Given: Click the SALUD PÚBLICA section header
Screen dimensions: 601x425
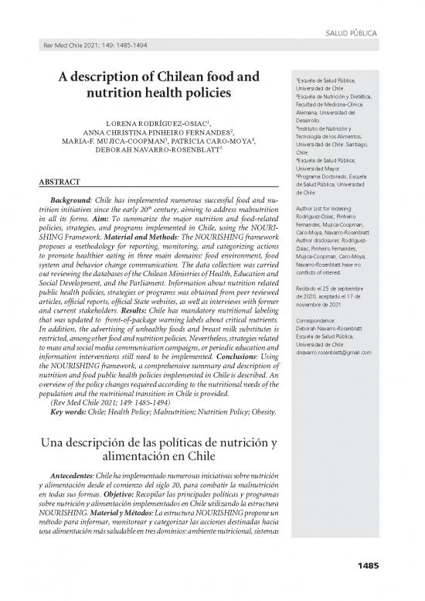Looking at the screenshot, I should coord(352,35).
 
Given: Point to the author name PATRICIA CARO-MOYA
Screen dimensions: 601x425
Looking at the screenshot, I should coord(209,142).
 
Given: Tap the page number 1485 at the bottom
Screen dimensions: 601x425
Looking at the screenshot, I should coord(367,588).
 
